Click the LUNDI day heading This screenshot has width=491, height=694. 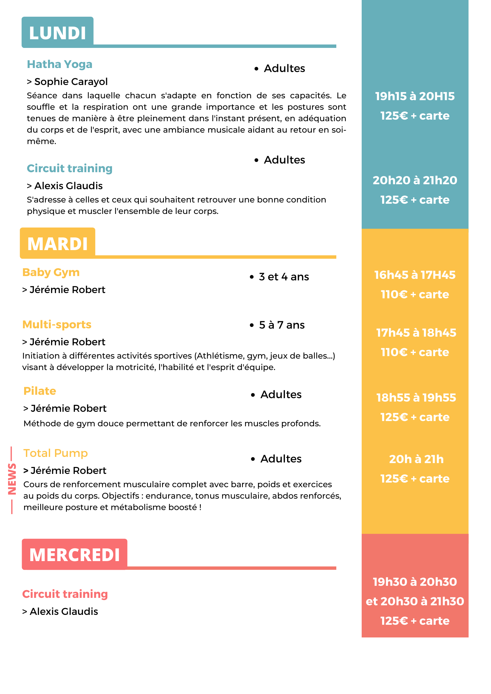[58, 33]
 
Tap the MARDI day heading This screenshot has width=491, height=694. [58, 244]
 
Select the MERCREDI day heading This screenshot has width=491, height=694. [75, 555]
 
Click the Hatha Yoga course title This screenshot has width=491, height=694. [60, 64]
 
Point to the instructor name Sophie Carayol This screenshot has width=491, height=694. [71, 82]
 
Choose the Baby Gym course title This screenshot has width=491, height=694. [51, 272]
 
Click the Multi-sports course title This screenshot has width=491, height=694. [57, 325]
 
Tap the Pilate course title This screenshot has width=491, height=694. [40, 391]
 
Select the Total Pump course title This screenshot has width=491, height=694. [56, 453]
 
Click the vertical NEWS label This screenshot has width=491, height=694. [12, 479]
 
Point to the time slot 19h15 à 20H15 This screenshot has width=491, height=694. [415, 96]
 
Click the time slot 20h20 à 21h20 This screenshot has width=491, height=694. [415, 180]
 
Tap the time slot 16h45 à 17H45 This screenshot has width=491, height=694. [415, 275]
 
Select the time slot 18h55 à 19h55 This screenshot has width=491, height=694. [416, 398]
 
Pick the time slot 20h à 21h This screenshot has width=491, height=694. [416, 459]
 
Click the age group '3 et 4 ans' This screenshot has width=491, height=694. [284, 277]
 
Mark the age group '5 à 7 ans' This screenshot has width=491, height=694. [282, 325]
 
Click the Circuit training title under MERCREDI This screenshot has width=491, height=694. [65, 594]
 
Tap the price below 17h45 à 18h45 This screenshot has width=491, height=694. [415, 352]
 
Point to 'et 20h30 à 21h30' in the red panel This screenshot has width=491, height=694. [415, 601]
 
